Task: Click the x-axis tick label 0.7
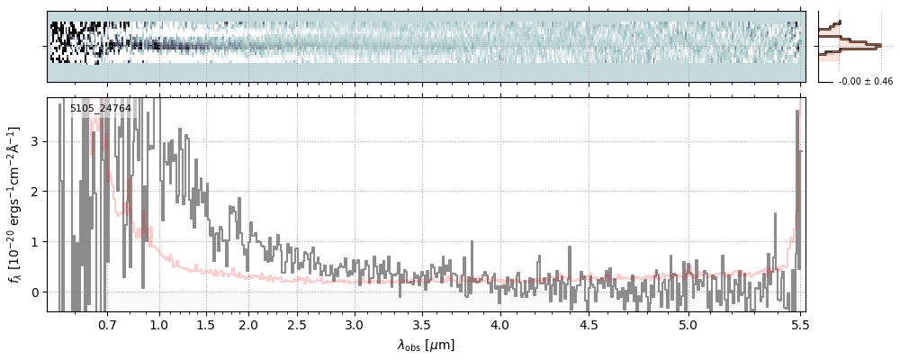click(x=106, y=322)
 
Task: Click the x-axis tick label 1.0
click(x=159, y=322)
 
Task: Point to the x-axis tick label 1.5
click(x=205, y=322)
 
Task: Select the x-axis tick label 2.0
click(x=248, y=322)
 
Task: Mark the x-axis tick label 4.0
click(x=500, y=322)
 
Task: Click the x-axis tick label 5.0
click(x=688, y=322)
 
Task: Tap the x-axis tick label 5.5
click(x=797, y=322)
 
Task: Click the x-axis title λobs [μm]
click(x=426, y=345)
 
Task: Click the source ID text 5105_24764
click(x=101, y=109)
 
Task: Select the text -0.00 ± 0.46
click(x=865, y=82)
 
